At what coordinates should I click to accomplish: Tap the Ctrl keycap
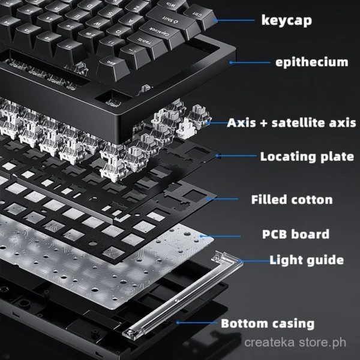pyautogui.click(x=199, y=16)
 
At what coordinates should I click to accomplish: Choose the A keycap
pyautogui.click(x=132, y=22)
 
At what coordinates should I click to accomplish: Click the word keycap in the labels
pyautogui.click(x=287, y=20)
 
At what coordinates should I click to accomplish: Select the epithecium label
pyautogui.click(x=312, y=62)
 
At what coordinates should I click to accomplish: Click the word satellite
pyautogui.click(x=298, y=122)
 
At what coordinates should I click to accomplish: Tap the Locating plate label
pyautogui.click(x=307, y=157)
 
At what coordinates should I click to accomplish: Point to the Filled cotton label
pyautogui.click(x=292, y=200)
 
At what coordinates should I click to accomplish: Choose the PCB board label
pyautogui.click(x=296, y=234)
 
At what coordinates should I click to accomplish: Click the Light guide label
pyautogui.click(x=307, y=260)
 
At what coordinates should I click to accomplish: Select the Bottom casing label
pyautogui.click(x=268, y=323)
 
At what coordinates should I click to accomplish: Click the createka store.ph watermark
pyautogui.click(x=295, y=343)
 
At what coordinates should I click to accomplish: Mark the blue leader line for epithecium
pyautogui.click(x=250, y=62)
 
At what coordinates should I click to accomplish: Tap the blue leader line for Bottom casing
pyautogui.click(x=197, y=323)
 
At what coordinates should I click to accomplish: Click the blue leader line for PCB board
pyautogui.click(x=220, y=236)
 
